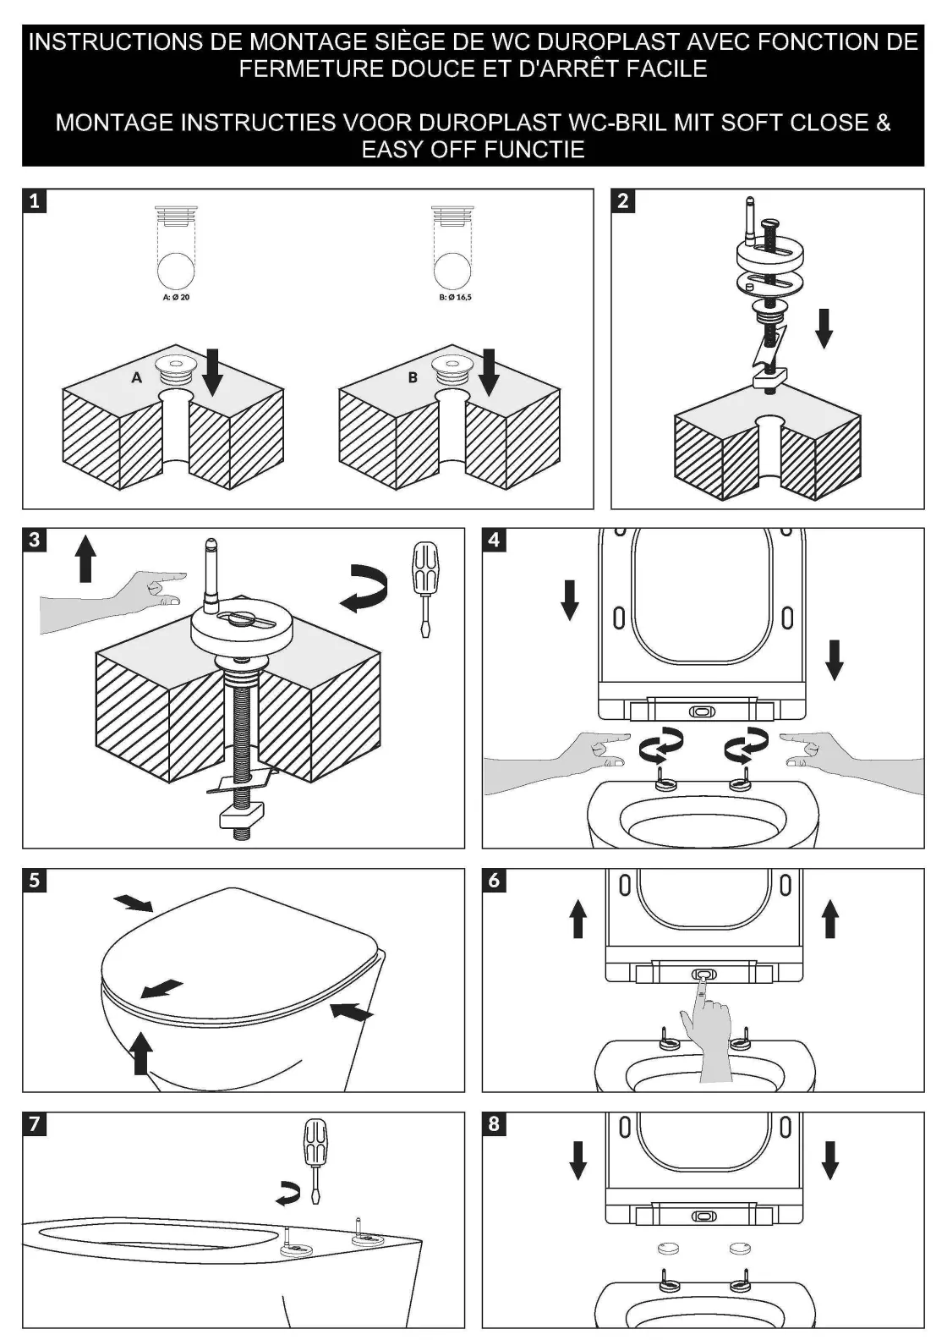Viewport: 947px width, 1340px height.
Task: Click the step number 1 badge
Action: coord(34,200)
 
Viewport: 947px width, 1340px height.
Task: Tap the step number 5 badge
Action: coord(34,880)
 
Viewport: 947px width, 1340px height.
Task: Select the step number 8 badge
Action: coord(494,1123)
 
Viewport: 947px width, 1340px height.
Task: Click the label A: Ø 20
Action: coord(176,297)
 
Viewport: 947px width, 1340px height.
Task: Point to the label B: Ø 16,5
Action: coord(455,297)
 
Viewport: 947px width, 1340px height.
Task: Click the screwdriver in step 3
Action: coord(424,588)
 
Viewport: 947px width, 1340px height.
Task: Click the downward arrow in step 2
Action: coord(824,327)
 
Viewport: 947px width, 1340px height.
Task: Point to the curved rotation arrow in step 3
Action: coord(365,588)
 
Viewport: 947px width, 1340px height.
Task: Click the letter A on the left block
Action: coord(137,377)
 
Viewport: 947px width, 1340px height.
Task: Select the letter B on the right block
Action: coord(413,377)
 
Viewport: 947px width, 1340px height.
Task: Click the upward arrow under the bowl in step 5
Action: coord(142,1052)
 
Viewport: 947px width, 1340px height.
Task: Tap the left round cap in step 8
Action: coord(669,1247)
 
